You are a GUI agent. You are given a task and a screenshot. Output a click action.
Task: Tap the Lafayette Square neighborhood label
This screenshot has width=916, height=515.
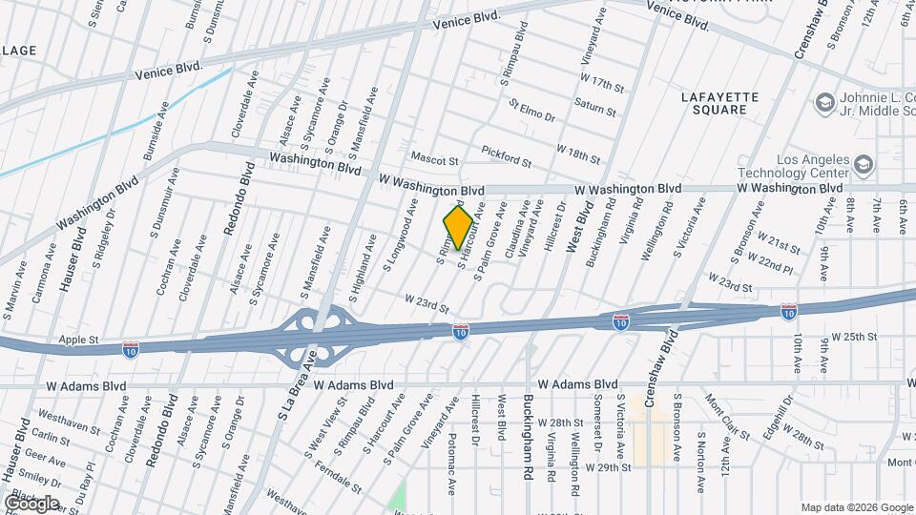[x=720, y=103]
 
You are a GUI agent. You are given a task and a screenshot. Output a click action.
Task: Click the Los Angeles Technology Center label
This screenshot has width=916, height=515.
[x=794, y=166]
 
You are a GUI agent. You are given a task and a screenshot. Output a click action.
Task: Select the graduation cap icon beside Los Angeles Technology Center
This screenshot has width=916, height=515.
[x=864, y=165]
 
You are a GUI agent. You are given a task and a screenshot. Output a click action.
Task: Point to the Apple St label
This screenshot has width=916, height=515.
[x=79, y=339]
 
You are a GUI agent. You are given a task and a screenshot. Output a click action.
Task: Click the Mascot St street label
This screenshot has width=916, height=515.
[x=435, y=157]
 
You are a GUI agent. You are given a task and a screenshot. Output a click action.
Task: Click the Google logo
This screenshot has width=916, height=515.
[x=31, y=503]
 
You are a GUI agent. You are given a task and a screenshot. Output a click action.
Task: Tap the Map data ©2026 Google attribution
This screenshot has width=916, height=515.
[x=857, y=507]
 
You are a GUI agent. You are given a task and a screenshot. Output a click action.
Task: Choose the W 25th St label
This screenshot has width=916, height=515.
[x=852, y=337]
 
